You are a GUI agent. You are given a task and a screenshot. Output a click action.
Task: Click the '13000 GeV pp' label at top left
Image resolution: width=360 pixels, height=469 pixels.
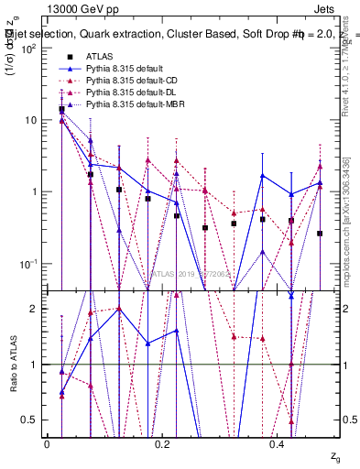(x=74, y=8)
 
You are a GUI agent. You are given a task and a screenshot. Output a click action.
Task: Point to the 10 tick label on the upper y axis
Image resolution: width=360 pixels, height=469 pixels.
(x=29, y=120)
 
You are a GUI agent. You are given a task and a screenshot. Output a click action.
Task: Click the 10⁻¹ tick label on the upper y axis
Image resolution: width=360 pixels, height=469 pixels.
(x=26, y=264)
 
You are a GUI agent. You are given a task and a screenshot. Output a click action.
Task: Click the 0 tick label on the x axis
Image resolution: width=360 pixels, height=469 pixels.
(x=47, y=443)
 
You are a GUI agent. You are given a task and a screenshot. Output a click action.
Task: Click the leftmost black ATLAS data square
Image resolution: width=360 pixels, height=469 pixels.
(x=61, y=110)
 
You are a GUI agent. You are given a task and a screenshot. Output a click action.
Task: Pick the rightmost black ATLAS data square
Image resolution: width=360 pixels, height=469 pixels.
(x=320, y=234)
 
